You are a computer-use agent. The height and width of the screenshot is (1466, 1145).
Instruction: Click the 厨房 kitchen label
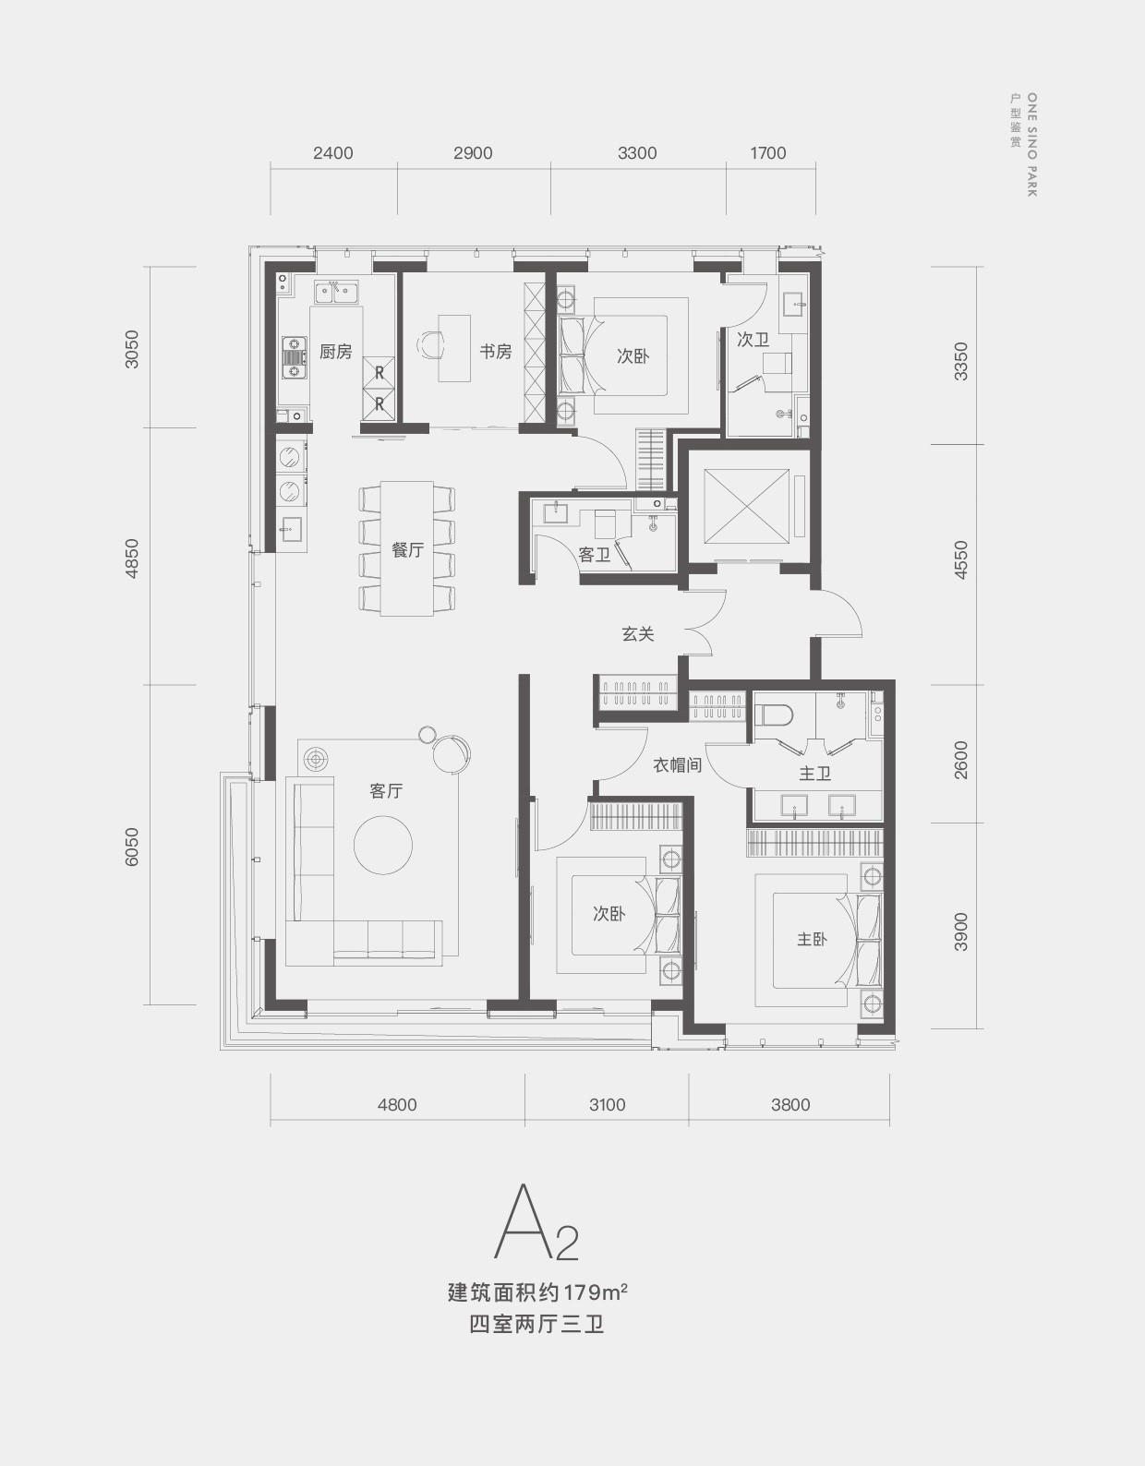point(336,352)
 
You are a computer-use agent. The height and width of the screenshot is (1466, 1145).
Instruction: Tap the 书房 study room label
point(496,352)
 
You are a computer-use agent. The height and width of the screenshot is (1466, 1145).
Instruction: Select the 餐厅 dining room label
point(407,550)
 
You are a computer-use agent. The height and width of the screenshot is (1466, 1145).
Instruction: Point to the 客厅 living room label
point(386,790)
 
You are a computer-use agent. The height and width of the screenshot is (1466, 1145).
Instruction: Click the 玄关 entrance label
point(638,633)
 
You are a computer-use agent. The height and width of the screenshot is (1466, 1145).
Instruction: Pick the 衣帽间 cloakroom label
point(678,764)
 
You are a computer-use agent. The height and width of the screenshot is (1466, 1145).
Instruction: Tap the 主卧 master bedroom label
point(812,939)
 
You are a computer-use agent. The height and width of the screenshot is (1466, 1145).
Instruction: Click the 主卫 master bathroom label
point(814,773)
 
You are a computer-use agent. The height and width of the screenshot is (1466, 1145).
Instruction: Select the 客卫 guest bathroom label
point(595,555)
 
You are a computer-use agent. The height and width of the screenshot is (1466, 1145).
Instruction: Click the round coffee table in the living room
point(383,845)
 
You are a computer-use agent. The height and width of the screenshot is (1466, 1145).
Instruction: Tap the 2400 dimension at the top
point(333,153)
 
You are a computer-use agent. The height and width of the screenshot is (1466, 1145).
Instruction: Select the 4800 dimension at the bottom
point(397,1104)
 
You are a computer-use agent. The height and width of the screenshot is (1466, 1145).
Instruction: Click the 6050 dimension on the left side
point(132,847)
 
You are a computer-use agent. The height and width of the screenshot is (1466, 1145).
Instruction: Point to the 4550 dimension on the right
point(961,560)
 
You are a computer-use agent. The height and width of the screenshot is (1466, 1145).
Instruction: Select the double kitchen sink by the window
point(337,294)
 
